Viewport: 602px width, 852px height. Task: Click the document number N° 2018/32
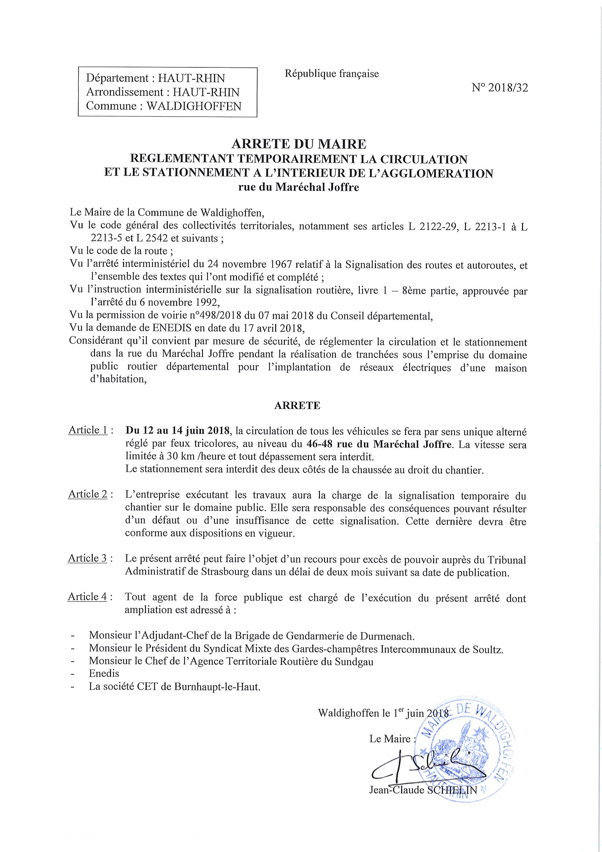coord(500,88)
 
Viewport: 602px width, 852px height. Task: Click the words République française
coord(332,74)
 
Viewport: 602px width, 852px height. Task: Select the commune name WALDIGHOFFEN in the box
coord(194,106)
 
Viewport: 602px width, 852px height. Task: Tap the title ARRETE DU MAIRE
coord(298,143)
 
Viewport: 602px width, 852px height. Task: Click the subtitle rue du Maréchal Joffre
coord(298,188)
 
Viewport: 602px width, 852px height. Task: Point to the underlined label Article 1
coord(88,430)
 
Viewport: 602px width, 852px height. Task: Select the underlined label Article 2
coord(88,494)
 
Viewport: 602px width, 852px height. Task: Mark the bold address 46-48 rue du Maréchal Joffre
coord(380,444)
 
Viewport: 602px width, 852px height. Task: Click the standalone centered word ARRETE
coord(297,406)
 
